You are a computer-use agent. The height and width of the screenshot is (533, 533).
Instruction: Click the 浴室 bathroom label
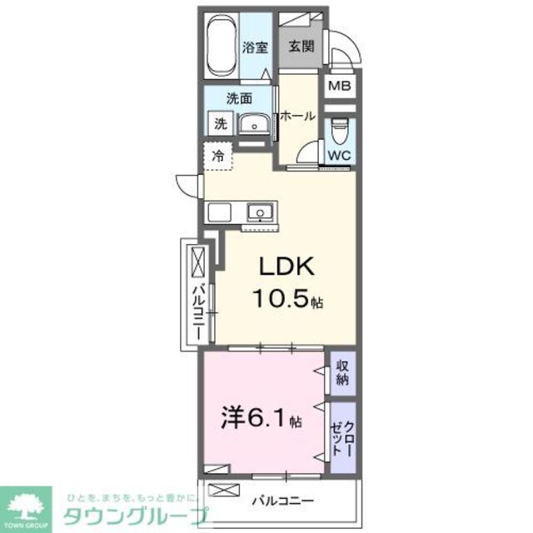tap(255, 48)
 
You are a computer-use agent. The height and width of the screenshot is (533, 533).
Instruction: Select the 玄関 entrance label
tap(301, 48)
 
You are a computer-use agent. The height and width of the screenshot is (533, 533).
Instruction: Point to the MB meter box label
tap(338, 85)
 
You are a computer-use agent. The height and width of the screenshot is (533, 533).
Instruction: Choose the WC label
tap(338, 155)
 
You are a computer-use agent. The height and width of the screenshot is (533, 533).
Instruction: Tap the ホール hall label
tap(297, 117)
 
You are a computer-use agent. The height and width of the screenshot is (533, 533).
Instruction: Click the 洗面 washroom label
tap(240, 98)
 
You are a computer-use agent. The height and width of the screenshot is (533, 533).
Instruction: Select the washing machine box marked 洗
tap(220, 125)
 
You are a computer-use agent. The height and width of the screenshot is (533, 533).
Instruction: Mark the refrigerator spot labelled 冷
tap(218, 155)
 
